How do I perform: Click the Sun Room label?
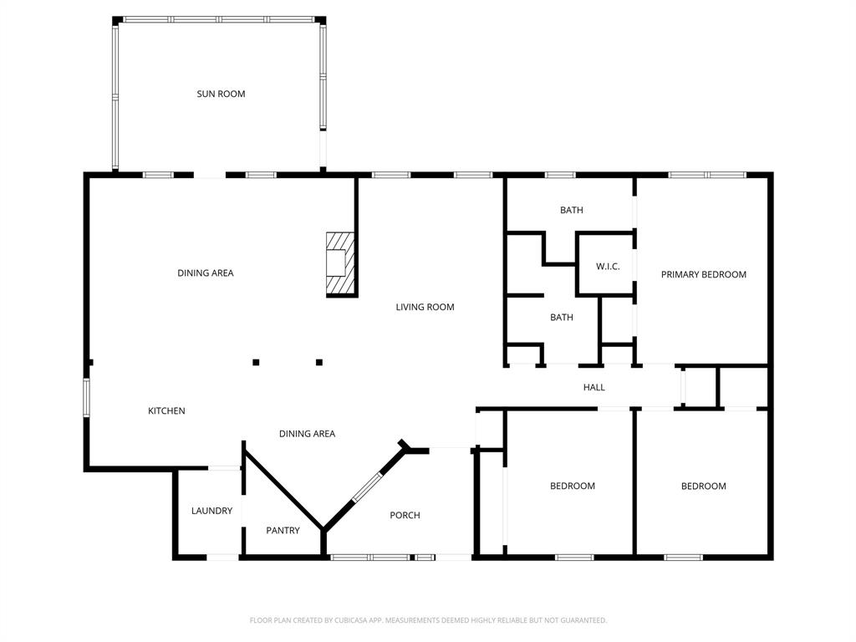coord(221,94)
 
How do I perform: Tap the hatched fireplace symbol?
coord(339,263)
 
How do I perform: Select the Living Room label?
coord(425,308)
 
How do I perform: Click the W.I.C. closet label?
coord(608,267)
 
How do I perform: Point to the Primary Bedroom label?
coord(703,274)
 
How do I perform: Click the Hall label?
coord(594,388)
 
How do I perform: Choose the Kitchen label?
coord(166,411)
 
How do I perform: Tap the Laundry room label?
coord(211,511)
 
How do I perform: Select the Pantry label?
coord(283,531)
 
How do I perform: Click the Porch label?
coord(405,516)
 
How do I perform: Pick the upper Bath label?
coord(572,211)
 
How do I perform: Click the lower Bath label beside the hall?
coord(562,318)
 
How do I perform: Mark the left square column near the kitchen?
coord(256,362)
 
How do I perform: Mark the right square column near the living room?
coord(319,362)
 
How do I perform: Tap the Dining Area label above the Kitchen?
coord(205,273)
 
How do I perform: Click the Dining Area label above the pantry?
coord(307,434)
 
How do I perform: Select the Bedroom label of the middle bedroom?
coord(572,487)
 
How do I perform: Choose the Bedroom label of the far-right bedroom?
coord(703,487)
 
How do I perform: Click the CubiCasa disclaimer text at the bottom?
coord(428,620)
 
